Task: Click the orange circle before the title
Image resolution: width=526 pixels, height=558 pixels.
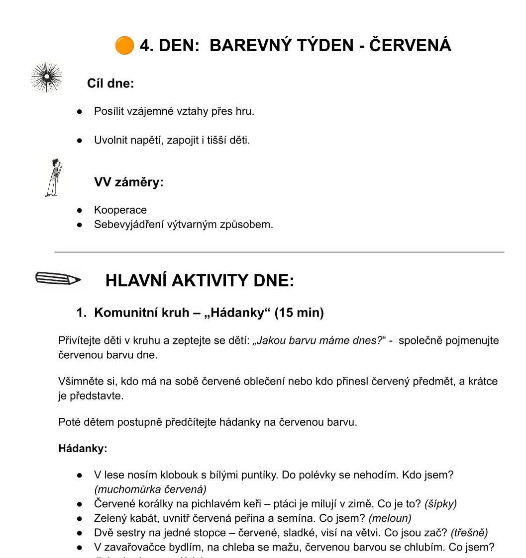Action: coord(124,45)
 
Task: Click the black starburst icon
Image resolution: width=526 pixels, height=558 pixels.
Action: coord(46,77)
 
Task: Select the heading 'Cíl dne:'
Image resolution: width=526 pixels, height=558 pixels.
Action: coord(110,83)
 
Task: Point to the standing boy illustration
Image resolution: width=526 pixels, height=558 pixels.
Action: coord(53,177)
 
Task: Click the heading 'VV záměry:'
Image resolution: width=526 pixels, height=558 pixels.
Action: coord(129,182)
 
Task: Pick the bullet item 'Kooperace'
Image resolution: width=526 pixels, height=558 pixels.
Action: coord(120,210)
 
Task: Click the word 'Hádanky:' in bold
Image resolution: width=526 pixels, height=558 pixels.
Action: coord(83,449)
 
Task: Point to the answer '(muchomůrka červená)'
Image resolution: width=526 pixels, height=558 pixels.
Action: coord(150,489)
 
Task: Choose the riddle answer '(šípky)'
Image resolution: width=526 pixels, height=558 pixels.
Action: coord(440,503)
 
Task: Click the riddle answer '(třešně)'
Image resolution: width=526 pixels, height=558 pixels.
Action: coord(469,533)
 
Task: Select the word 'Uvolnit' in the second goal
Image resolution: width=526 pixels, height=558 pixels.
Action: coord(111,140)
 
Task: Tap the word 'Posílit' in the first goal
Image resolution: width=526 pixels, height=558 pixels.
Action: coord(109,111)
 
